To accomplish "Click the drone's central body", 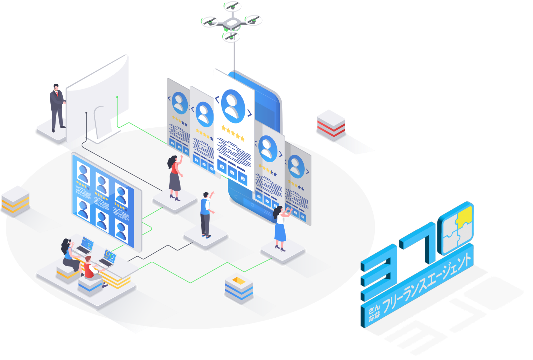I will [232, 23].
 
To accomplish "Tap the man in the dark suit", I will [57, 107].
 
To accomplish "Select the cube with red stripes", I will [331, 125].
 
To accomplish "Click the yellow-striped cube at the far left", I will [15, 200].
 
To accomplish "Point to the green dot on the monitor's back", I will [117, 97].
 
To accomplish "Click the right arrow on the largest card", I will [249, 113].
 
